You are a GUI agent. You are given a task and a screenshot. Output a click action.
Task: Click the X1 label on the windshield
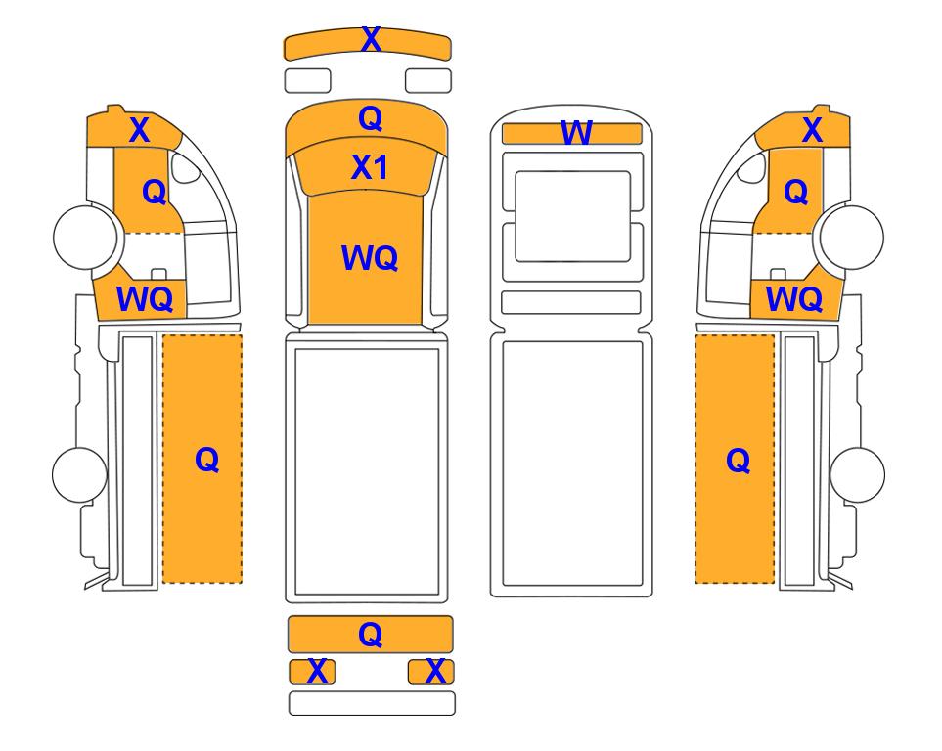[x=370, y=167]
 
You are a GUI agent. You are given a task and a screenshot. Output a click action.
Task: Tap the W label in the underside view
[x=576, y=133]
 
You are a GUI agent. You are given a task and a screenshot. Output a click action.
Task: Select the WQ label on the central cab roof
[x=370, y=258]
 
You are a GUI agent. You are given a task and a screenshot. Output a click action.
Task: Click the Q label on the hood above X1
[x=370, y=119]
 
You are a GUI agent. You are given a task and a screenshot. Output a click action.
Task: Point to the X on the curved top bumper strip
[x=371, y=40]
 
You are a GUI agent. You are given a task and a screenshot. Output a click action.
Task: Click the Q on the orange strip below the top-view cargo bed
[x=370, y=634]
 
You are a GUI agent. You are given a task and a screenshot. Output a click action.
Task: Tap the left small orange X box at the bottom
[x=312, y=671]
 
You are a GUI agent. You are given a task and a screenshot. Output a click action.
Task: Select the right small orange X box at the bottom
[x=430, y=671]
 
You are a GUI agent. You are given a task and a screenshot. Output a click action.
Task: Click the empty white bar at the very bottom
[x=372, y=703]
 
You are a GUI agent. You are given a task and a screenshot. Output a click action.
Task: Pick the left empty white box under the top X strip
[x=307, y=81]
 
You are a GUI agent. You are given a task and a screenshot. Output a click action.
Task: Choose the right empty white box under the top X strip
[x=428, y=81]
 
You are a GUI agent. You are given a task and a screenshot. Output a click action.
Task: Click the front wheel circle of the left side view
[x=85, y=237]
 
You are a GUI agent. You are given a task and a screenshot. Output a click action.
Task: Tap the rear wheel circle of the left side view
[x=80, y=474]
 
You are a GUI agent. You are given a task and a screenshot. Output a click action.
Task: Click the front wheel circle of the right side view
[x=852, y=237]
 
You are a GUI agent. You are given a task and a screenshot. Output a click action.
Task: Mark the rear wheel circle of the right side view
[x=857, y=474]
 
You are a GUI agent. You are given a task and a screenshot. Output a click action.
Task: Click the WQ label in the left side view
[x=145, y=298]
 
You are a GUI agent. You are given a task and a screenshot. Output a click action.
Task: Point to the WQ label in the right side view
[x=794, y=298]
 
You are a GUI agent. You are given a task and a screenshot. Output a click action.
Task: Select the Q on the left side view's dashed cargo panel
[x=206, y=461]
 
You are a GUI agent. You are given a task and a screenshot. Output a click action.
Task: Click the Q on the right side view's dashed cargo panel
[x=739, y=462]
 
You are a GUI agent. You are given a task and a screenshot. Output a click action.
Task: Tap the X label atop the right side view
[x=812, y=130]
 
